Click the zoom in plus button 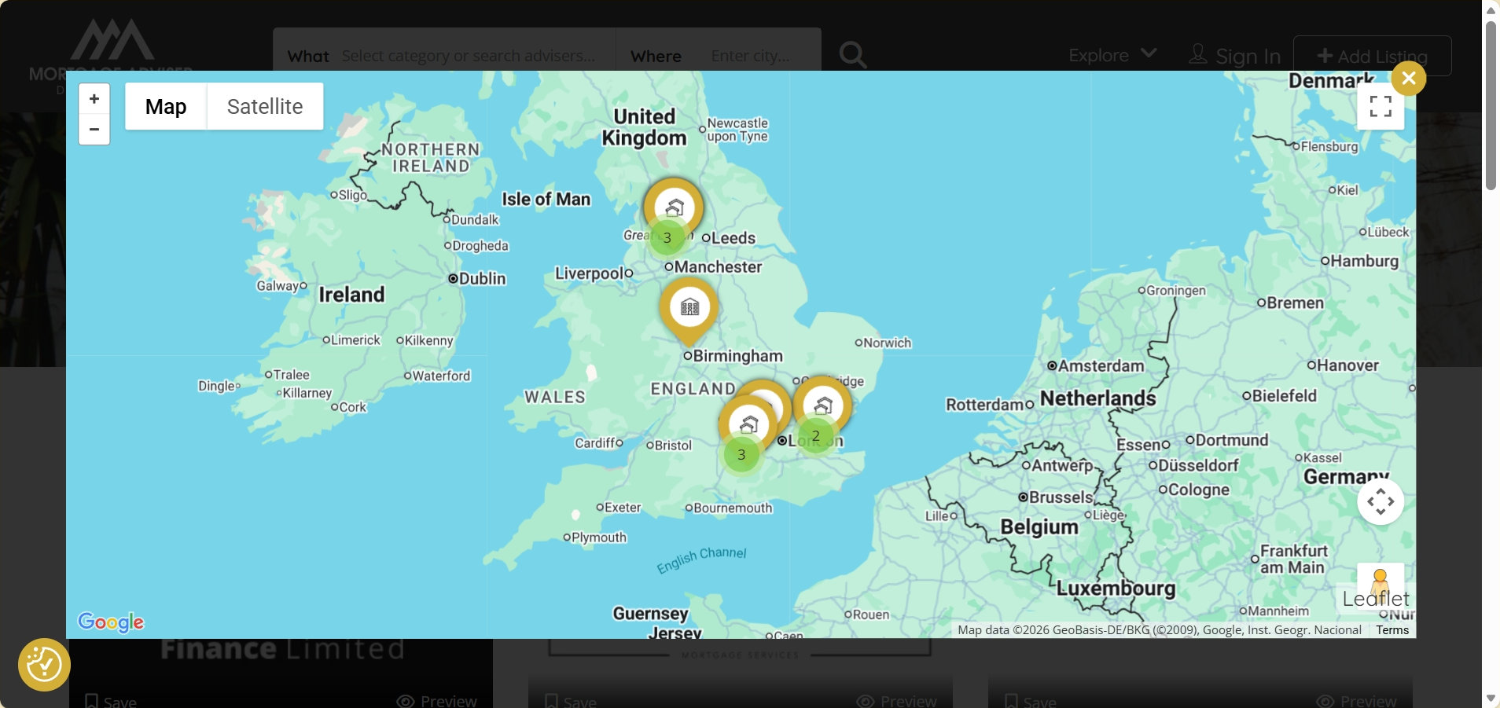[x=94, y=99]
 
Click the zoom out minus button [x=94, y=130]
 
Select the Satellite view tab [x=265, y=107]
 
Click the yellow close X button [x=1408, y=79]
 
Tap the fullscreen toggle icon [x=1381, y=106]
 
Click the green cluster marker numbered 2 [x=815, y=435]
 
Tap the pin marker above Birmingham [x=689, y=307]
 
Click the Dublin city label [x=481, y=279]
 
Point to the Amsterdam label [x=1100, y=366]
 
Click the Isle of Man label [x=546, y=200]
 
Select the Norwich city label [x=887, y=343]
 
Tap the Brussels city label [x=1060, y=497]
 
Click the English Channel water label [x=701, y=559]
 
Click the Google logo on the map [x=111, y=622]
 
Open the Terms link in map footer [x=1392, y=630]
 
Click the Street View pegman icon [x=1380, y=583]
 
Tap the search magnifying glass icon [x=852, y=55]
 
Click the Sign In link [x=1247, y=57]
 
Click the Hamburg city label [x=1363, y=262]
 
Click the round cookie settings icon [x=44, y=665]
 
